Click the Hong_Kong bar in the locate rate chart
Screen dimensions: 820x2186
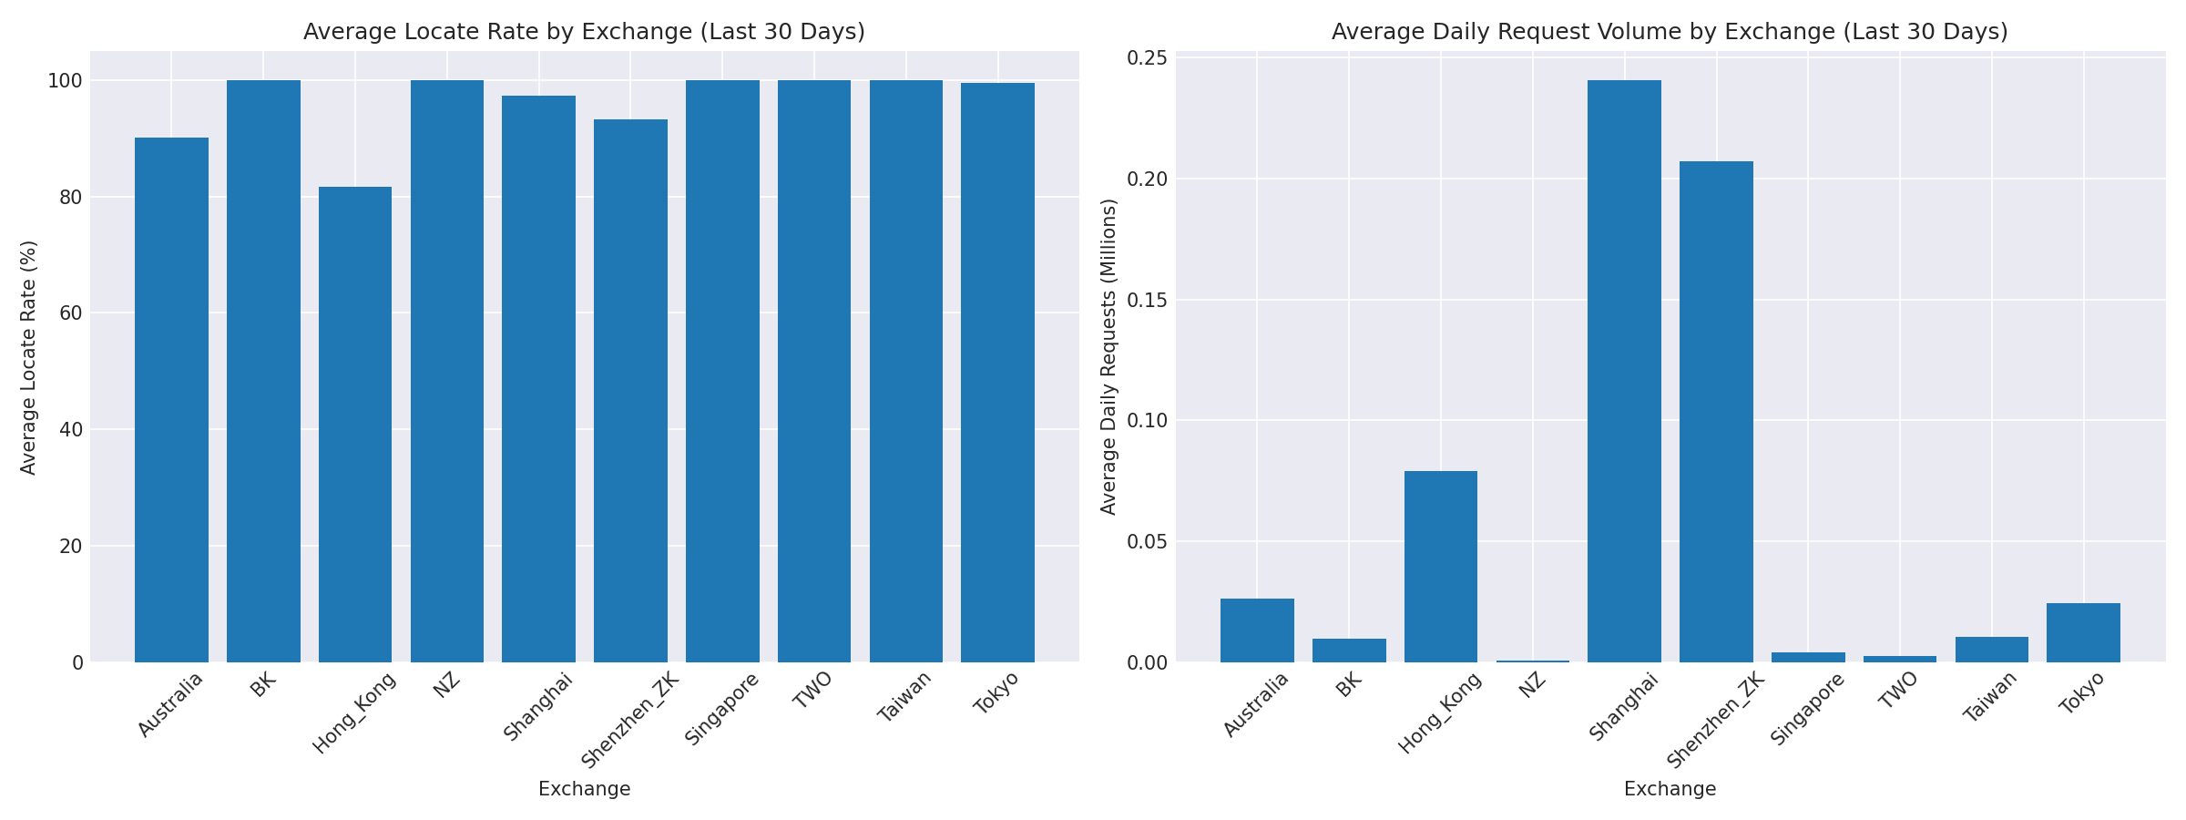coord(355,425)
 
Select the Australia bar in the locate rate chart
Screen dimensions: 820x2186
coord(171,400)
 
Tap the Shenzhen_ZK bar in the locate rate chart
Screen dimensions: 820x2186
coord(630,391)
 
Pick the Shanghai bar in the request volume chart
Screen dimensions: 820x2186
coord(1624,372)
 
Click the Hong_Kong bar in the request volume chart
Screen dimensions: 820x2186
coord(1441,567)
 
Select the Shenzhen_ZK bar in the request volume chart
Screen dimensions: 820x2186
coord(1716,412)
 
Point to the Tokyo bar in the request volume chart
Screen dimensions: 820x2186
coord(2083,632)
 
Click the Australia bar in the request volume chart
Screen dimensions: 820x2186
coord(1257,630)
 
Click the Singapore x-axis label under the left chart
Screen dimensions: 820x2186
coord(721,709)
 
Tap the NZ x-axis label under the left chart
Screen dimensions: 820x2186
coord(447,685)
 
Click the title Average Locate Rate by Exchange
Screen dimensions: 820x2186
coord(584,32)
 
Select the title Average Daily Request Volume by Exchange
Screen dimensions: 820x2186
coord(1670,32)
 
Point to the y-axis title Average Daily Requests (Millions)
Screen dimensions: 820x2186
coord(1108,357)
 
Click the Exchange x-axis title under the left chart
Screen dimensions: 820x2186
coord(584,789)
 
